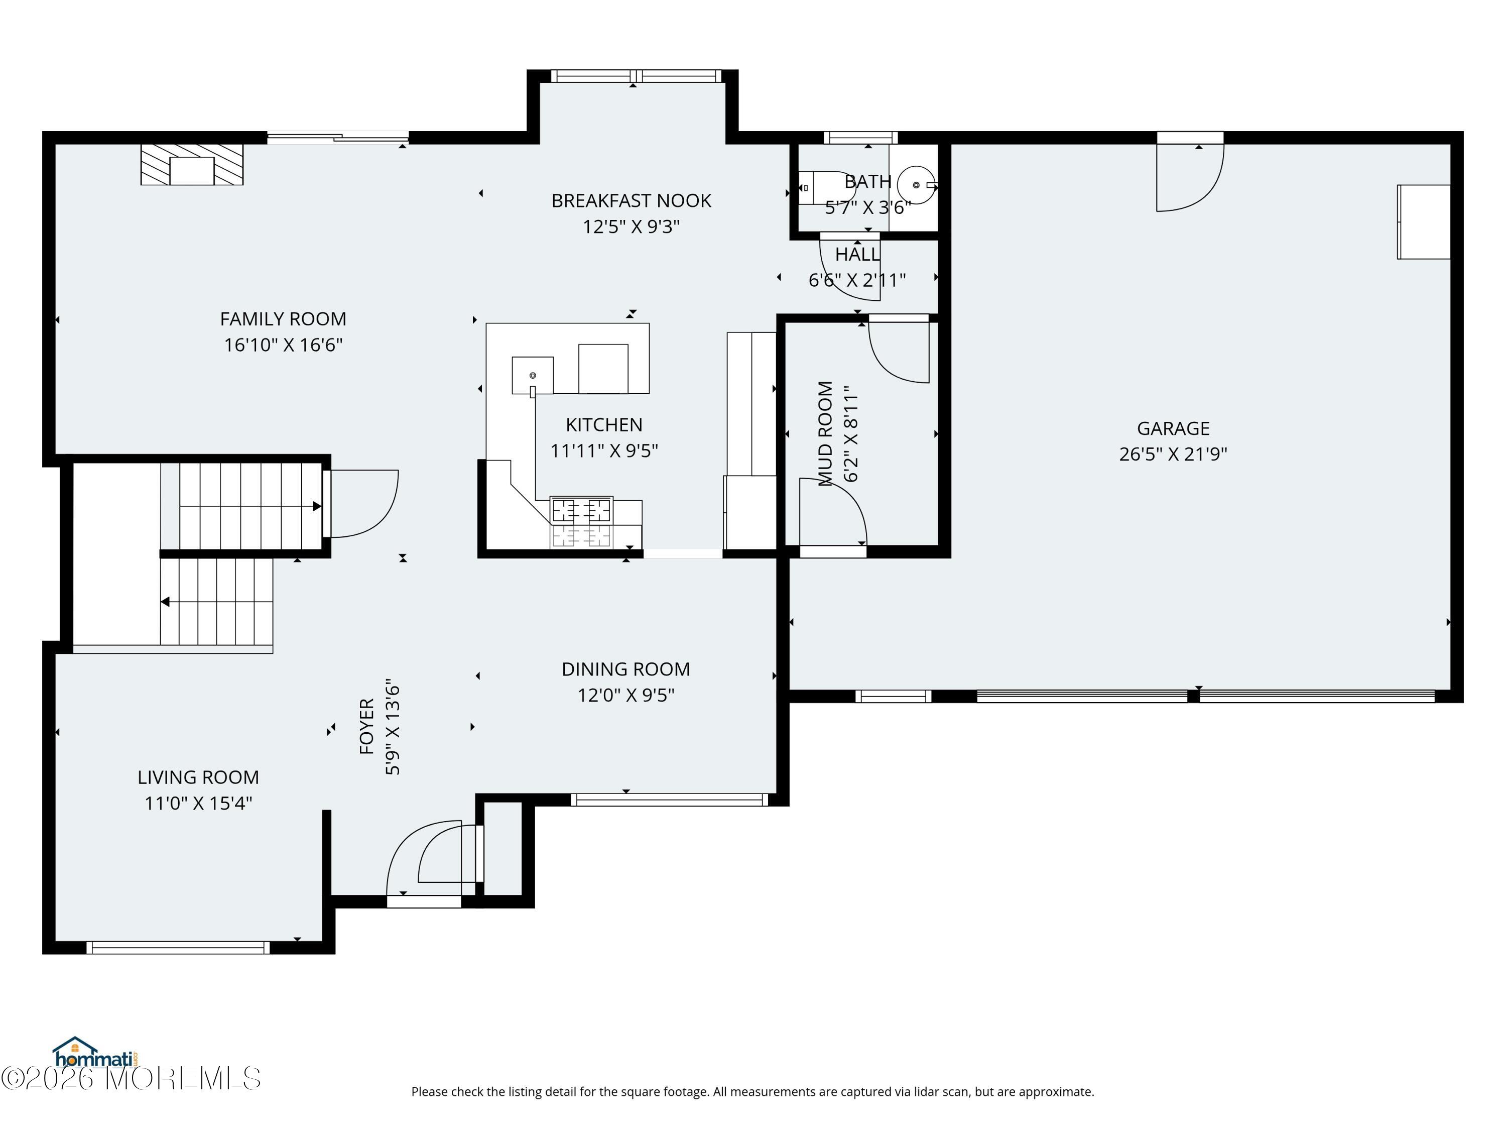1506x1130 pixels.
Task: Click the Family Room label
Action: [x=283, y=319]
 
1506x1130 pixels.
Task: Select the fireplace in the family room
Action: [x=192, y=165]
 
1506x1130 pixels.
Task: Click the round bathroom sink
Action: [x=916, y=185]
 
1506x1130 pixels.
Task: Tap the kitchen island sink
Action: [x=533, y=375]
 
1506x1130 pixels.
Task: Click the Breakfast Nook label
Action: [x=631, y=201]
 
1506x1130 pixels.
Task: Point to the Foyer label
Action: [x=367, y=726]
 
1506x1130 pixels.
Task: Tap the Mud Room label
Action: [x=825, y=433]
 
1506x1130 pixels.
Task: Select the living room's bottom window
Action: [x=178, y=948]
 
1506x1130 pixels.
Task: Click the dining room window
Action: [x=670, y=800]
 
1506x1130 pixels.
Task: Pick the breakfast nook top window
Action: [x=636, y=76]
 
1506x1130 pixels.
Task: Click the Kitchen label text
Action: [x=604, y=425]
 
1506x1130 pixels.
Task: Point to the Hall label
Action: [x=857, y=255]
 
